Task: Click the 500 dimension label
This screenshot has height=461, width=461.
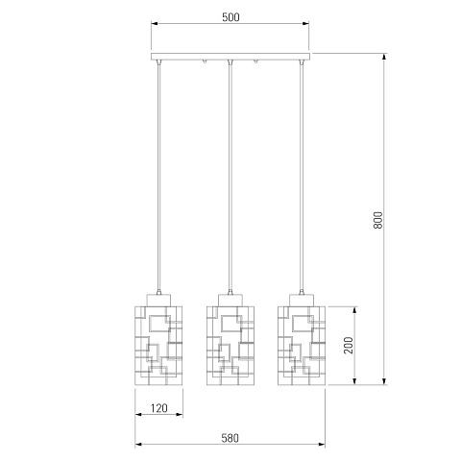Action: coord(230,17)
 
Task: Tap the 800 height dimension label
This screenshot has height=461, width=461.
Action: coord(377,220)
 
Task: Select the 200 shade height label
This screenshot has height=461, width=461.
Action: coord(349,345)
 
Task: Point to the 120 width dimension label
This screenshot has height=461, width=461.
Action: coord(159,408)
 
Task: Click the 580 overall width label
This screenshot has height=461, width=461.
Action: coord(230,438)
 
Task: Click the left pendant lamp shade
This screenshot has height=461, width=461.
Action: coord(158,346)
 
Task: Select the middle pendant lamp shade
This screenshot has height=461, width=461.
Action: coord(230,346)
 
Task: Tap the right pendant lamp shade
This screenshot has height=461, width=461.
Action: coord(302,346)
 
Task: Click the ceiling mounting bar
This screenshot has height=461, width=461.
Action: coord(230,57)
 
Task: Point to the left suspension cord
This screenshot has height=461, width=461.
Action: coord(158,176)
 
